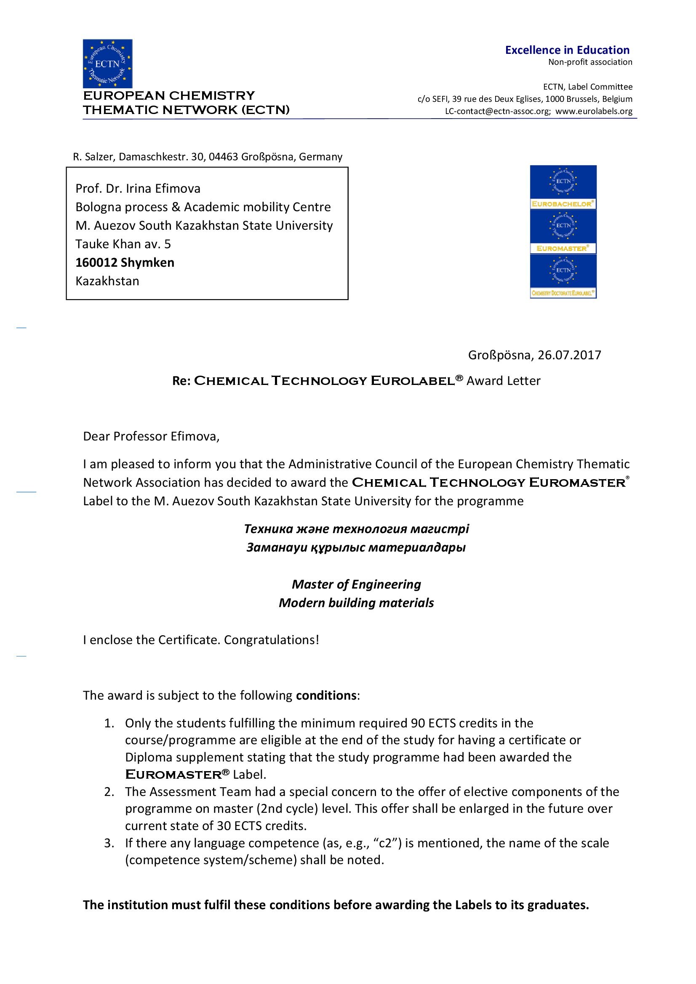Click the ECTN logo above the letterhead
[107, 64]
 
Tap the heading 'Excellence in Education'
[567, 50]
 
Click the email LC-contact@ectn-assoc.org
[497, 111]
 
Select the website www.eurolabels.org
[594, 111]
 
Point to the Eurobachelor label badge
[563, 188]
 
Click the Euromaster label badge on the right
[563, 232]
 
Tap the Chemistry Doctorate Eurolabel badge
[563, 276]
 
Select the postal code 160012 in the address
[96, 262]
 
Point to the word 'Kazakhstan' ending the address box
[107, 281]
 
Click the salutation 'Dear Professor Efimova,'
[151, 436]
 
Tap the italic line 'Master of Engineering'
[356, 584]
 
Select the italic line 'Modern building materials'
[356, 603]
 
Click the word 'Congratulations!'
[272, 640]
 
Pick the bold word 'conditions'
[326, 695]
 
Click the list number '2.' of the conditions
[109, 792]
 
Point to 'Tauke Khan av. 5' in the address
[123, 244]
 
